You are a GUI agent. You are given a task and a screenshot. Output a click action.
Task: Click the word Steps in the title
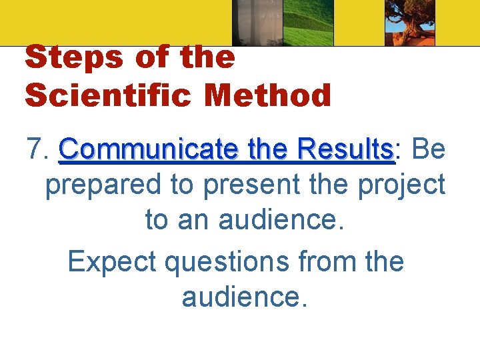tap(73, 59)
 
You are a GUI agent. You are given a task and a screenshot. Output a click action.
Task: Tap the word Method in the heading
tap(268, 95)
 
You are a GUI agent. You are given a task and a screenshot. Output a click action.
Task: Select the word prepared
tap(103, 185)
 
